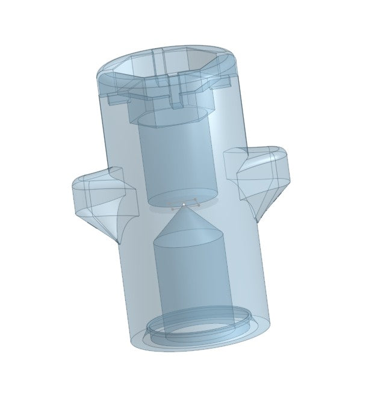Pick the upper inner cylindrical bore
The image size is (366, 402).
point(175,162)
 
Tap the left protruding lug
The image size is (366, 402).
point(98,202)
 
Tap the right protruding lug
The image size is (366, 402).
point(259,175)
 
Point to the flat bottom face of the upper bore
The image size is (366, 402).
point(181,199)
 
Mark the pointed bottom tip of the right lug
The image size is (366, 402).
point(259,218)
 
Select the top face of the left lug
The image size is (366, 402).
point(96,178)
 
